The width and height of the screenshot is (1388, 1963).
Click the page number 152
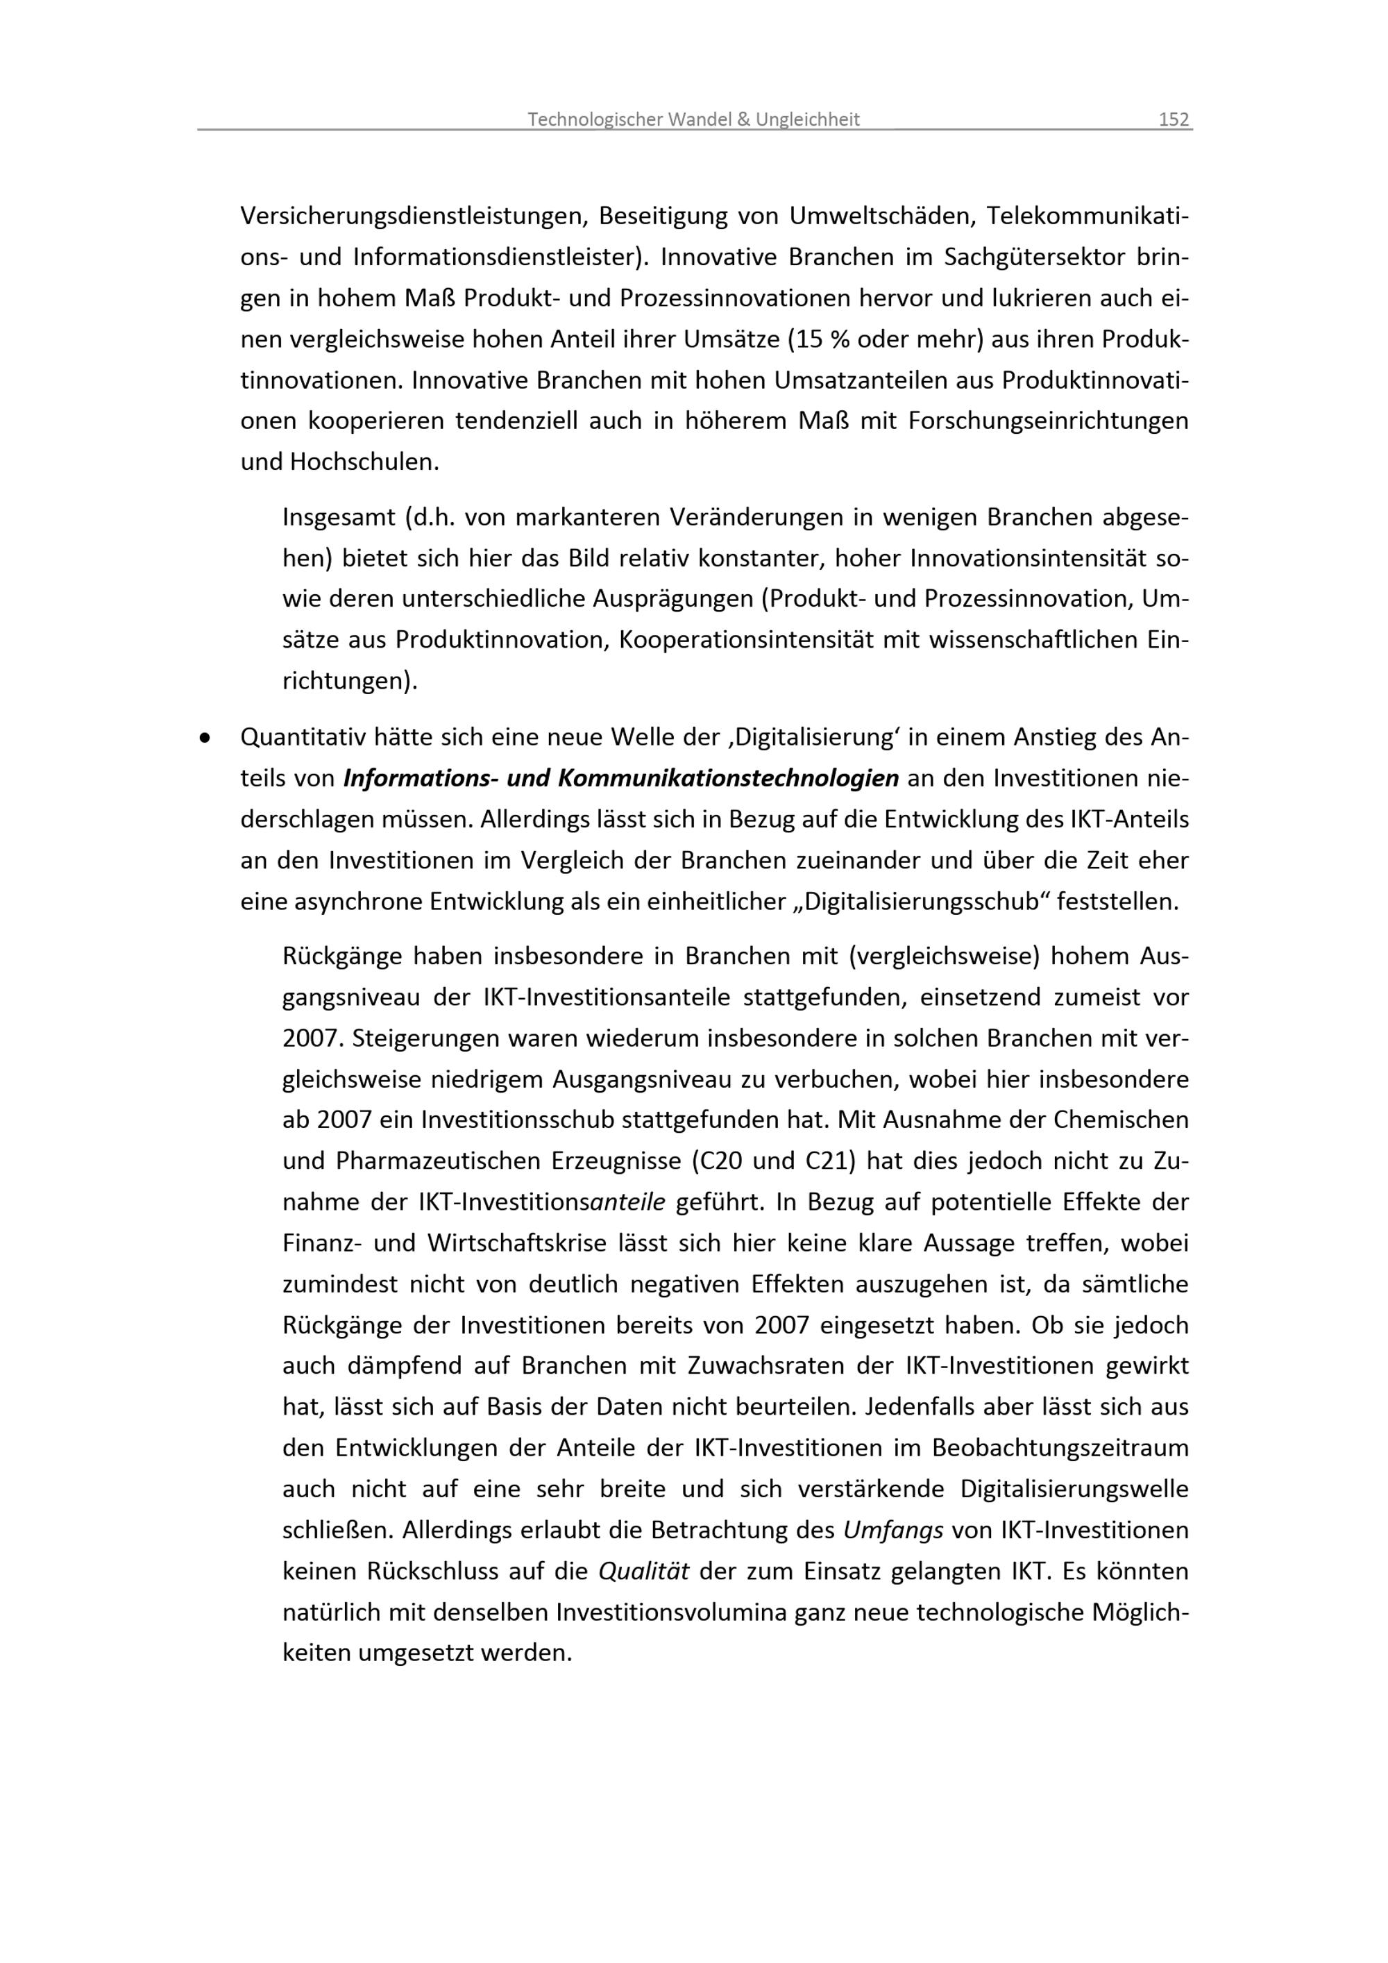point(1174,119)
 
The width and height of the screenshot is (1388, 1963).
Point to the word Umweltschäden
point(881,217)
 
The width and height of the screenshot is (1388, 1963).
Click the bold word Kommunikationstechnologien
point(728,778)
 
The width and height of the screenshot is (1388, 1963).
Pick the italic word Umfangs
point(893,1530)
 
